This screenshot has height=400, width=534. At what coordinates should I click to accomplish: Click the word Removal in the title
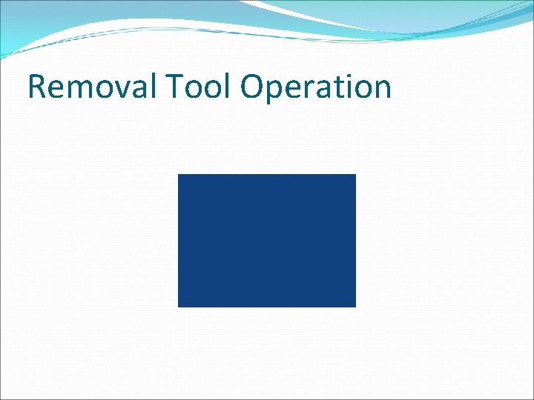(91, 87)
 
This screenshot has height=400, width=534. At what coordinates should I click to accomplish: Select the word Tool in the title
(197, 87)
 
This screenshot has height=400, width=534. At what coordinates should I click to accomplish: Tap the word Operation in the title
(316, 87)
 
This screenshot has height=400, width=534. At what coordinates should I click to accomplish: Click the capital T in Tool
(173, 87)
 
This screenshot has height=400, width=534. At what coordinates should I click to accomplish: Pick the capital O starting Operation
(253, 87)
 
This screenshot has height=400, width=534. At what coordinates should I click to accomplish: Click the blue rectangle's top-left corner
(178, 175)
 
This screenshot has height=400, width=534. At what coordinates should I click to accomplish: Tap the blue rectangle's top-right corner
(355, 175)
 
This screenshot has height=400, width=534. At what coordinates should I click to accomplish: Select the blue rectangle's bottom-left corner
(178, 306)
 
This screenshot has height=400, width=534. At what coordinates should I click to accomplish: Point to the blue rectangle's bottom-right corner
(355, 306)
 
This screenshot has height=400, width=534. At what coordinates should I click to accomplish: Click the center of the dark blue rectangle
(267, 241)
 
